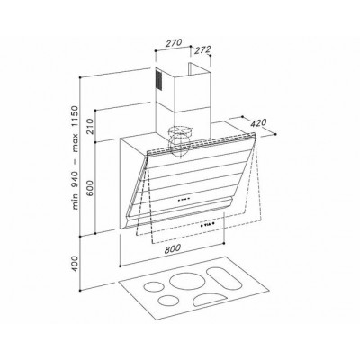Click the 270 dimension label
click(x=174, y=43)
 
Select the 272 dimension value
click(x=202, y=50)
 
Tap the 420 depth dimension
click(x=258, y=123)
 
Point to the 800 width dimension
click(x=173, y=248)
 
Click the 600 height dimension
click(x=91, y=188)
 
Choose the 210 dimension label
click(x=91, y=126)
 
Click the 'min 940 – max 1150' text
click(x=75, y=157)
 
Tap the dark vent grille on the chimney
click(x=158, y=79)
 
